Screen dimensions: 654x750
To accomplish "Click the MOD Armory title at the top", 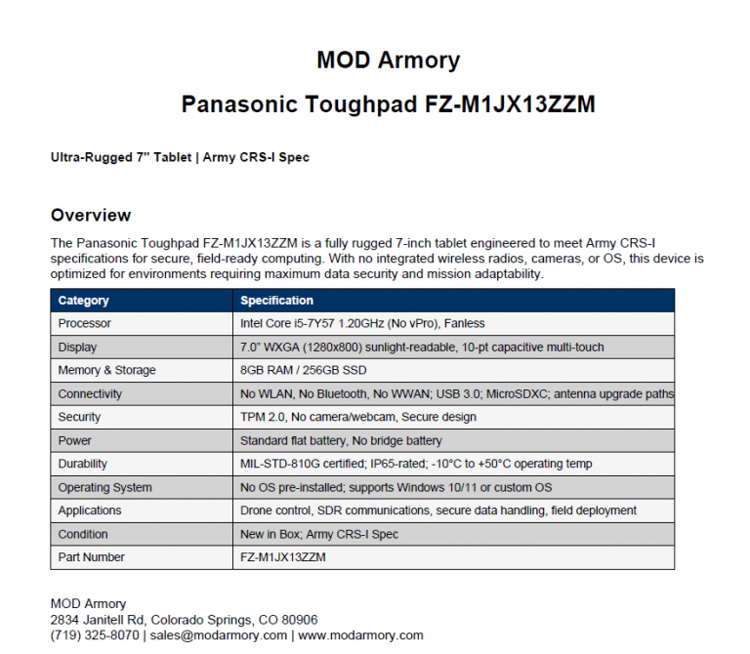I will click(x=388, y=61).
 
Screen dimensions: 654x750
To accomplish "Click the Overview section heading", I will click(x=90, y=215).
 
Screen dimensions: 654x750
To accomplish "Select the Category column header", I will click(x=83, y=301).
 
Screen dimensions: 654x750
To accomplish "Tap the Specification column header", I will click(x=276, y=301).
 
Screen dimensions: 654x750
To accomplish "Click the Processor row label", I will click(x=85, y=323).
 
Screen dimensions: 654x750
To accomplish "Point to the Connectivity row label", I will click(x=90, y=393).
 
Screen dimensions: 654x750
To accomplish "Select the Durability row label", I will click(x=83, y=464).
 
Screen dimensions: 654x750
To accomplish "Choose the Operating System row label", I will click(x=104, y=487).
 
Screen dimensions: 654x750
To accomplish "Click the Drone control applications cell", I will click(x=437, y=511).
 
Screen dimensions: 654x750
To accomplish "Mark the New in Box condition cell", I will click(x=319, y=534).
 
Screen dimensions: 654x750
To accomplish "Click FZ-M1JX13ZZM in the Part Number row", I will click(x=283, y=557).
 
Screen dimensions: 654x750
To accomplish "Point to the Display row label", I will click(x=77, y=347).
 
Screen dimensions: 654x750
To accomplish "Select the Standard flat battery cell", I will click(x=341, y=440).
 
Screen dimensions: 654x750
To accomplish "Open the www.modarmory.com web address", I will click(x=360, y=635).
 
